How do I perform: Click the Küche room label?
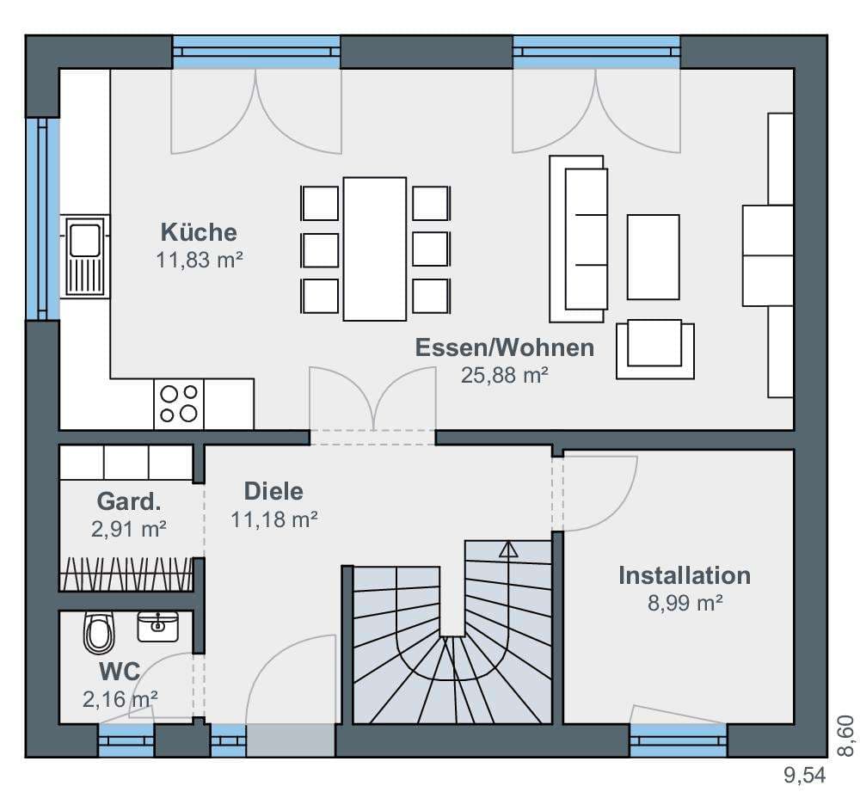199,232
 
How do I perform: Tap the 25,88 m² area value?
504,375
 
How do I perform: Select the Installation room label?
685,575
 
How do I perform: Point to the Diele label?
273,491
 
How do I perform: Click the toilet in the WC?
99,633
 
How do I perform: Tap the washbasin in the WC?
158,627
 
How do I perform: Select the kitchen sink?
85,256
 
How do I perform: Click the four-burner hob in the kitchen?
179,403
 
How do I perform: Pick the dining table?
375,249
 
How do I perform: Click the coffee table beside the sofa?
654,257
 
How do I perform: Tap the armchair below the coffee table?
654,349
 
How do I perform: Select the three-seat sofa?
578,238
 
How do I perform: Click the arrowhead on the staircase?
508,549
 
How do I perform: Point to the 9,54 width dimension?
805,776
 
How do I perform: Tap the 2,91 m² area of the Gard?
129,529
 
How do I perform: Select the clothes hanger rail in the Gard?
126,574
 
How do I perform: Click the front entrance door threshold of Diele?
291,740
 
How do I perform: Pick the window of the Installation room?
679,740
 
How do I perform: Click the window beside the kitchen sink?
43,218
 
